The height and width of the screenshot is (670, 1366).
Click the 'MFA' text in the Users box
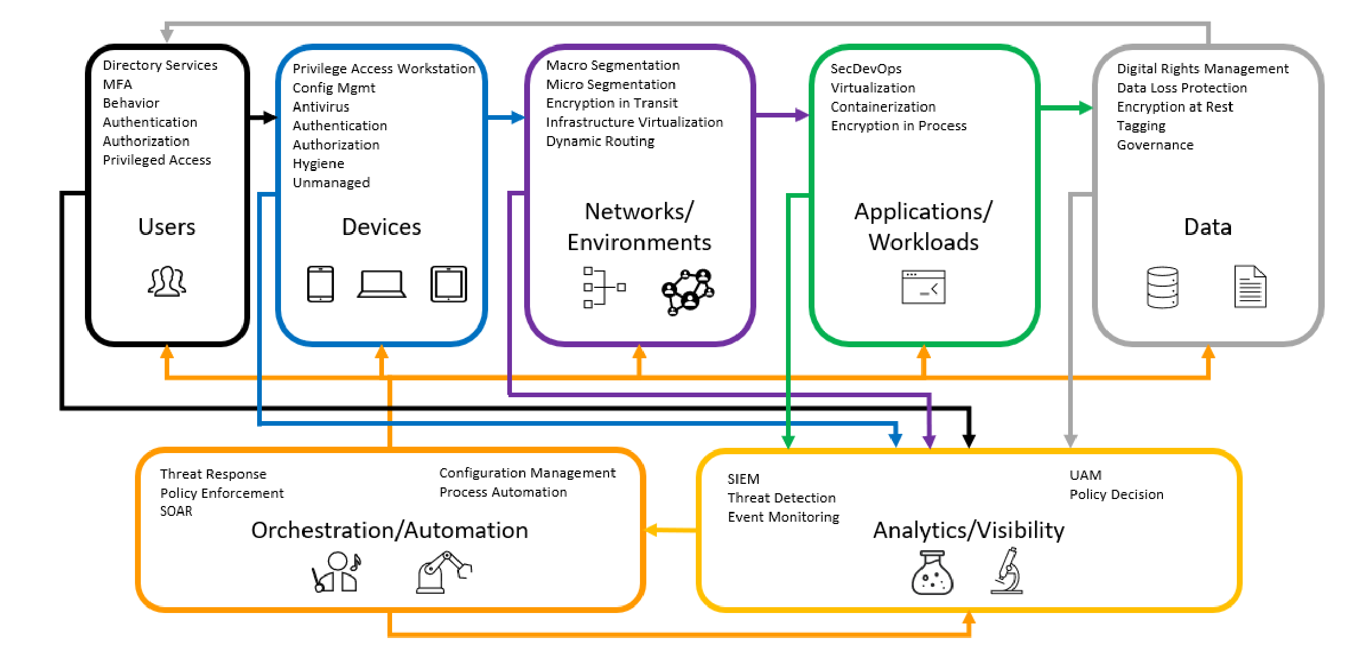click(x=118, y=84)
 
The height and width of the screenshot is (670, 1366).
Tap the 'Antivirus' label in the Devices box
click(x=321, y=107)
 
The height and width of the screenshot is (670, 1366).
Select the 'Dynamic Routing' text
click(x=600, y=141)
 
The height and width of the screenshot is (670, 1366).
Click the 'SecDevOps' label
click(x=866, y=69)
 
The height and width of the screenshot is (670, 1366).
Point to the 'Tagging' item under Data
click(x=1141, y=126)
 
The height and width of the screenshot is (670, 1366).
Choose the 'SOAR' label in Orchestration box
click(x=176, y=511)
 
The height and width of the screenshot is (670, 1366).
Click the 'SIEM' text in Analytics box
click(x=743, y=479)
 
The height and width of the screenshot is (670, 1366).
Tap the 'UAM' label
click(x=1085, y=476)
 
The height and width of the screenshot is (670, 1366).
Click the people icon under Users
click(x=167, y=282)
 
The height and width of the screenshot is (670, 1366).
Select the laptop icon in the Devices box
click(x=381, y=284)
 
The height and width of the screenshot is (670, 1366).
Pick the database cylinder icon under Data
click(x=1162, y=287)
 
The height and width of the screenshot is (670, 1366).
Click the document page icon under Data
click(x=1250, y=287)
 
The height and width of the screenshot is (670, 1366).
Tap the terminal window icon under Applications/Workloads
click(x=923, y=287)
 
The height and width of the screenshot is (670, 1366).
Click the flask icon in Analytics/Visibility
click(x=932, y=573)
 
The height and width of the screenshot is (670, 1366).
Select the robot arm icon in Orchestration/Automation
click(x=443, y=572)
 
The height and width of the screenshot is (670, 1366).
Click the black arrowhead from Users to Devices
click(x=269, y=117)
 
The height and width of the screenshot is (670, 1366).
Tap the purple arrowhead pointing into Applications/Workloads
click(x=802, y=115)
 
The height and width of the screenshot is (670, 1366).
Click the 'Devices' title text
click(x=381, y=227)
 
